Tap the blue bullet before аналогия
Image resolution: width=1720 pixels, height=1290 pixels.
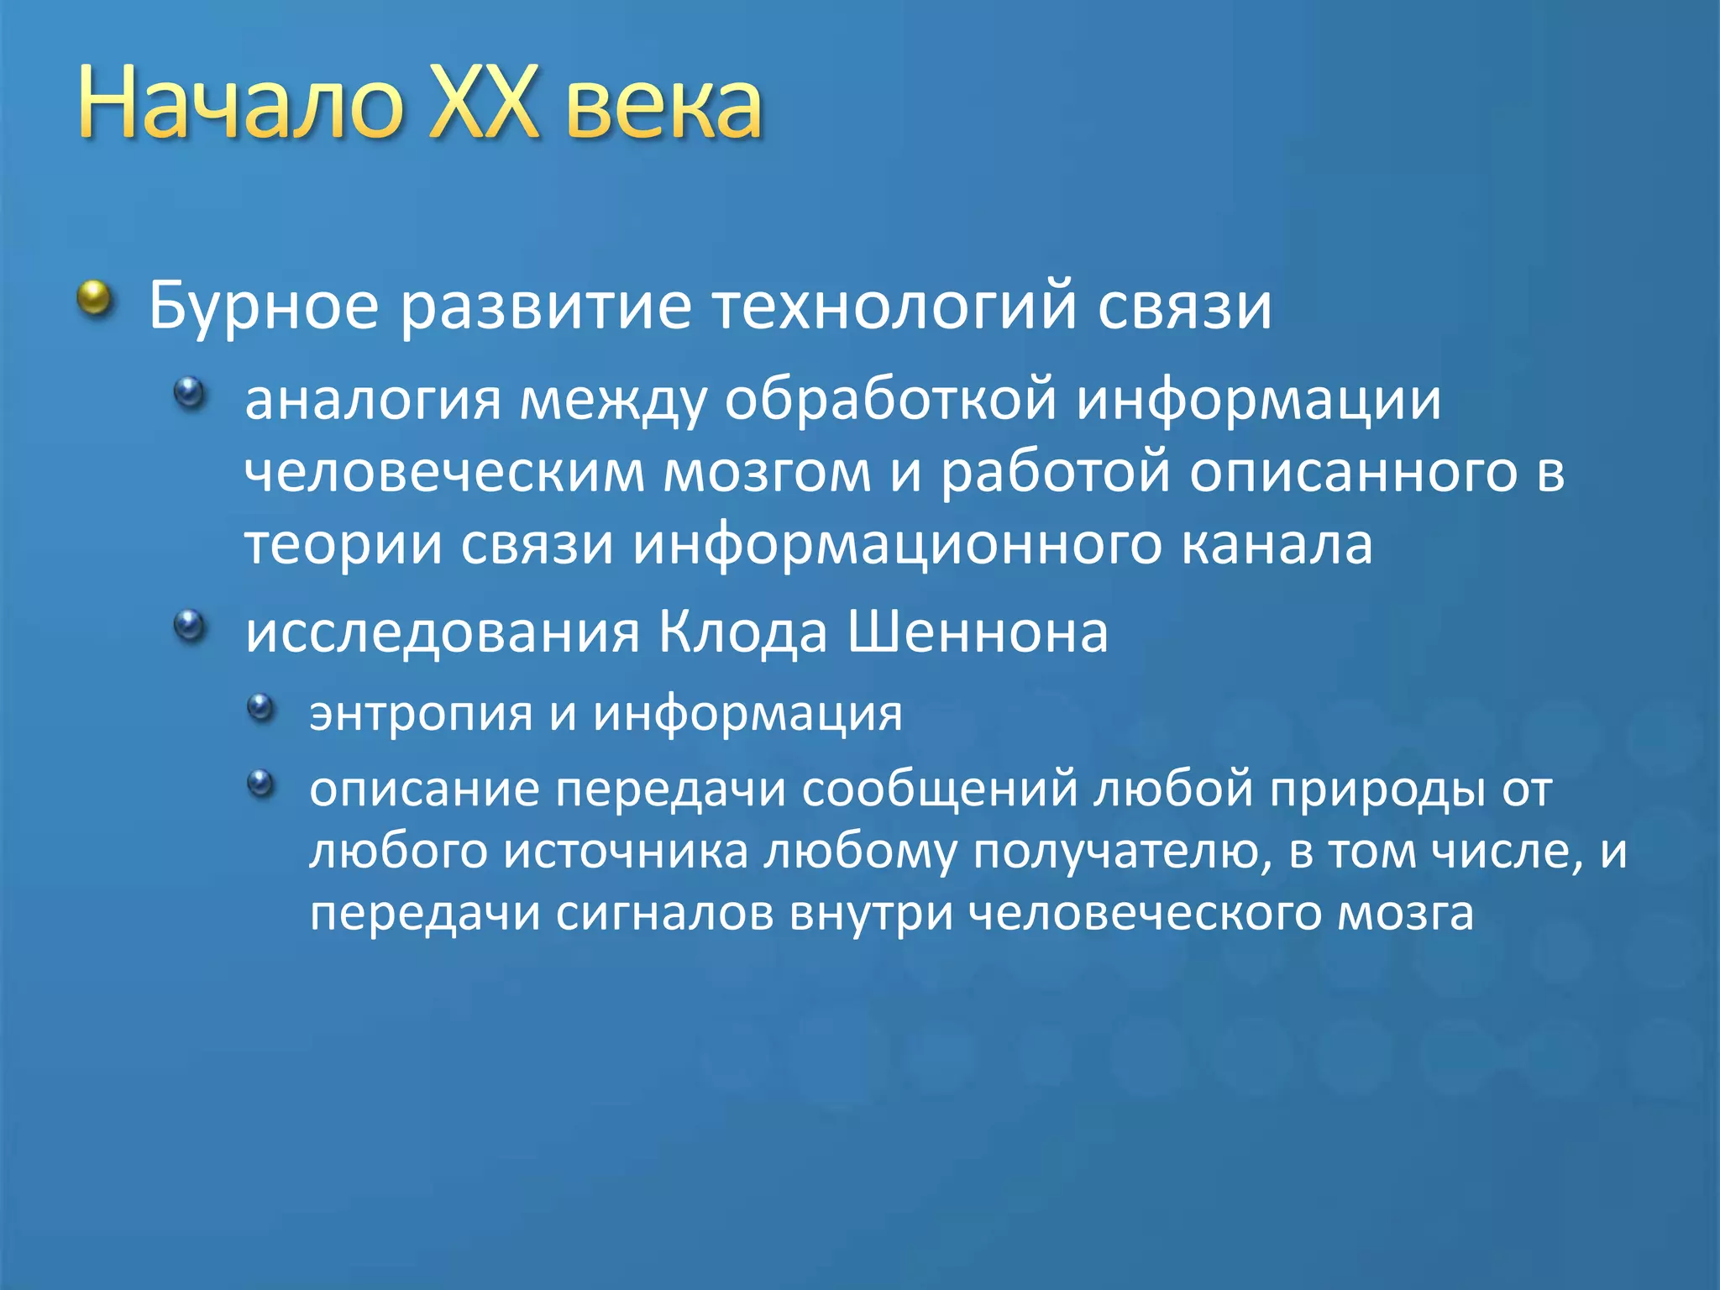click(x=190, y=392)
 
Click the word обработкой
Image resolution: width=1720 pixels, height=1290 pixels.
click(x=890, y=400)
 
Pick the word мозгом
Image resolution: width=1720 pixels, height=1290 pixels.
click(x=768, y=473)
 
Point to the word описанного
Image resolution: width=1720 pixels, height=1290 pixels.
click(x=1353, y=473)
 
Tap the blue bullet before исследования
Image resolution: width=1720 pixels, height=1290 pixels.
click(x=190, y=625)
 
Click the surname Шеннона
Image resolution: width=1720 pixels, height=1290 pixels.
click(x=978, y=632)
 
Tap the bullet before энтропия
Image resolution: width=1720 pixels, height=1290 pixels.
click(x=261, y=707)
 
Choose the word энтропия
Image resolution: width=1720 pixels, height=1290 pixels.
click(x=421, y=714)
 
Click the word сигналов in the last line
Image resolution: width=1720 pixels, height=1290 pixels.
click(x=664, y=914)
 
